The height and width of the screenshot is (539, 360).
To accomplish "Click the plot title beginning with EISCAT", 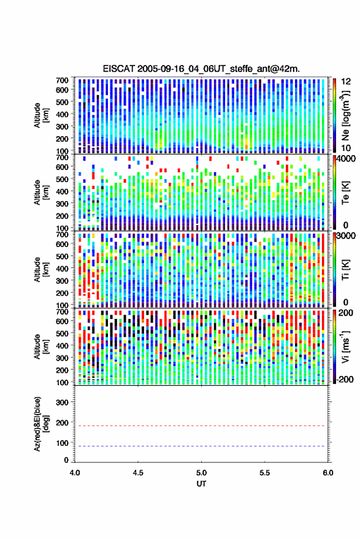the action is coord(201,69).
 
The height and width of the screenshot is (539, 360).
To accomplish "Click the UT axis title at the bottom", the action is coord(202,484).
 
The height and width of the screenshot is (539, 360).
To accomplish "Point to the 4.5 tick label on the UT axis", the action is coord(138,473).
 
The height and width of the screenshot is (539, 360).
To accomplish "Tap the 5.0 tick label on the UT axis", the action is coord(202,473).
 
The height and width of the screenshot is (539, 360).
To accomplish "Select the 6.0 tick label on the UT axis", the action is coord(328,473).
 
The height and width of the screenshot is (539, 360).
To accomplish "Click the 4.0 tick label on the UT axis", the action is coord(75,473).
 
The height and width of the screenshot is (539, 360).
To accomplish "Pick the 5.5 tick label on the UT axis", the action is coord(265,473).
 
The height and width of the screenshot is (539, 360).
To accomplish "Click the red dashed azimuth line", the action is coord(202,426).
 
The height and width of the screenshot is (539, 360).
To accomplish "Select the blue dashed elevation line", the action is coord(202,446).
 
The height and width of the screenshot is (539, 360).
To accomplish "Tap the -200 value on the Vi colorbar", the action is coord(344,379).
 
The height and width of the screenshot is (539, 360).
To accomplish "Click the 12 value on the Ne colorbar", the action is coord(346,82).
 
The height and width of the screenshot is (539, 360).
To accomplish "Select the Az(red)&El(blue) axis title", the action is coord(40,424).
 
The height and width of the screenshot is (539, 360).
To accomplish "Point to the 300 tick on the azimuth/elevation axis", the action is coord(62,402).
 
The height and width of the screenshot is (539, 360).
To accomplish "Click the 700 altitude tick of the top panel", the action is coord(62,80).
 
